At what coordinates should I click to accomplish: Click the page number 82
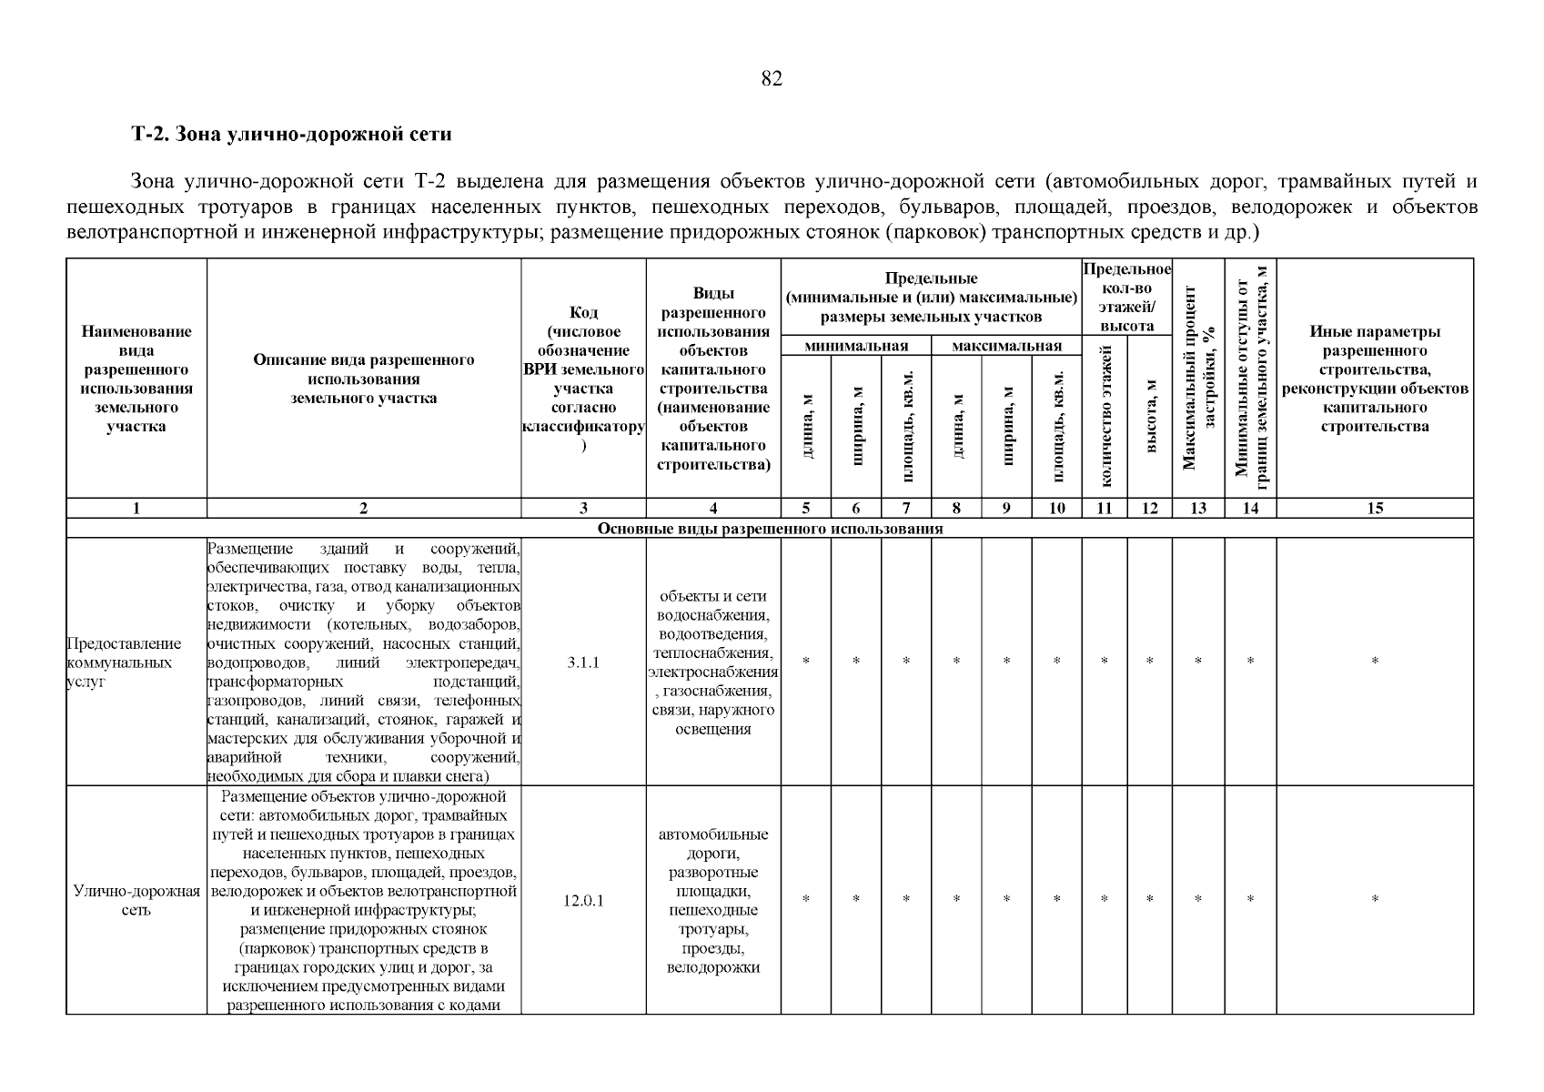[771, 79]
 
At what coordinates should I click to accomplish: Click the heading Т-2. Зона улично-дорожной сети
[291, 135]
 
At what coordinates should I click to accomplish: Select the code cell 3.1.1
[583, 662]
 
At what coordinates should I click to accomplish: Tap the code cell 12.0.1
[583, 901]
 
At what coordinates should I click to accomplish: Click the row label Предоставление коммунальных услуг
[124, 662]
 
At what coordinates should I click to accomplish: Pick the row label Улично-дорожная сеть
[136, 901]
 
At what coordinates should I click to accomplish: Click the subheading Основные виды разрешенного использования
[769, 529]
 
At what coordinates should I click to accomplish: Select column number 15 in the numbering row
[1375, 509]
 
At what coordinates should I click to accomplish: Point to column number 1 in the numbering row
[136, 509]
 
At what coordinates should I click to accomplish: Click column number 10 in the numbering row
[1056, 509]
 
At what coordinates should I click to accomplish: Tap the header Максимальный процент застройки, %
[1198, 378]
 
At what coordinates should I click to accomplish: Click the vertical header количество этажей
[1105, 416]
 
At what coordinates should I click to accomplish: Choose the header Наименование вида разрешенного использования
[136, 379]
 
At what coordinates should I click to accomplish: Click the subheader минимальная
[856, 346]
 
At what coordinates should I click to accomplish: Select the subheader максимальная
[1006, 346]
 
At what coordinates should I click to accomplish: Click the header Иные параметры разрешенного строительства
[1375, 379]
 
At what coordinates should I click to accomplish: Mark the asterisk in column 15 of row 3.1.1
[1375, 662]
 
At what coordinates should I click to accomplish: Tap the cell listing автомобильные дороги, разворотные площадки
[713, 901]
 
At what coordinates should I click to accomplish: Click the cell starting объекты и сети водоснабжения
[713, 662]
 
